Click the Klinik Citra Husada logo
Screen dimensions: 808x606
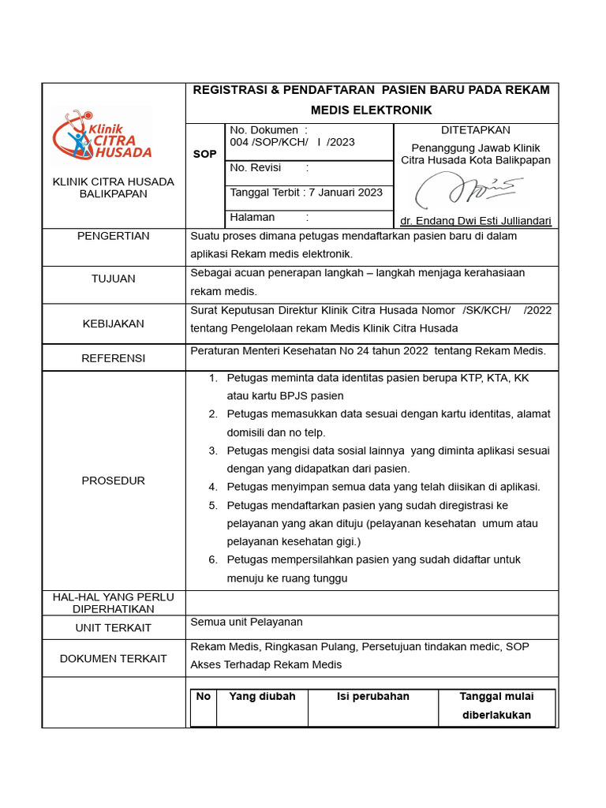point(101,136)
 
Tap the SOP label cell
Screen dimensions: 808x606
point(204,154)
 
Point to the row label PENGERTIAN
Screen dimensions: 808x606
point(113,236)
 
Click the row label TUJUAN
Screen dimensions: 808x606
point(113,279)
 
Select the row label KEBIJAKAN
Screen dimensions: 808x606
point(113,324)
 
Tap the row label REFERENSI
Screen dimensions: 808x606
point(113,358)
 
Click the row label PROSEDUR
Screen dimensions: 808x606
point(113,481)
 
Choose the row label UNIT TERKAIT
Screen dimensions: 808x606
point(113,628)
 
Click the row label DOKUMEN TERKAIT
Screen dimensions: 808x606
point(113,658)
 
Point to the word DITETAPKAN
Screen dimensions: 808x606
point(475,130)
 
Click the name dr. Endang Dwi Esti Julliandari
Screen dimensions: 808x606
point(475,221)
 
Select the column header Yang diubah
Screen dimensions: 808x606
point(262,697)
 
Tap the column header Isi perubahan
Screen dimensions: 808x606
point(373,697)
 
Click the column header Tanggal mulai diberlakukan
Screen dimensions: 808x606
point(496,706)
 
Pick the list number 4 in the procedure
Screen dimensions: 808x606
point(213,487)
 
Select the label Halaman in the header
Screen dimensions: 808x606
point(252,217)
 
